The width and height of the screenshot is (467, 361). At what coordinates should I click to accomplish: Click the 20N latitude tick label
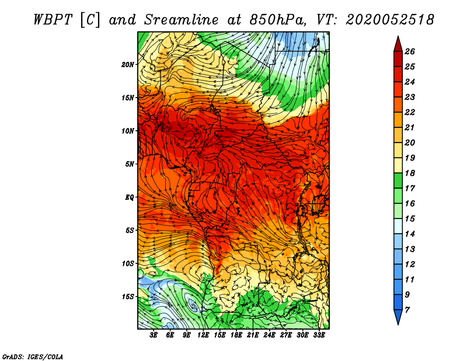pyautogui.click(x=128, y=64)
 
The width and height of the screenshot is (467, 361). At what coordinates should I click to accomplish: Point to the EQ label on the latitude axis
pyautogui.click(x=129, y=197)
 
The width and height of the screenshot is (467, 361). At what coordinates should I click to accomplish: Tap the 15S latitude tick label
pyautogui.click(x=128, y=297)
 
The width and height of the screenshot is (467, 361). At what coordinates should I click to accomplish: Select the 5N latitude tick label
pyautogui.click(x=130, y=164)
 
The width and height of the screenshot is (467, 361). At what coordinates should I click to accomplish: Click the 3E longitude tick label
pyautogui.click(x=154, y=335)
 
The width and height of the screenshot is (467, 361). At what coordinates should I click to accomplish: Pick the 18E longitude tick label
pyautogui.click(x=236, y=335)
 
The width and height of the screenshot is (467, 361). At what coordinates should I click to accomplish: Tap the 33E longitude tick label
pyautogui.click(x=319, y=335)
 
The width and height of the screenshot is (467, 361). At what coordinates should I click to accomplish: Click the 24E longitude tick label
pyautogui.click(x=269, y=335)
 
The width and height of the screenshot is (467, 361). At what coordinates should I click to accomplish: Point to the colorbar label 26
pyautogui.click(x=410, y=51)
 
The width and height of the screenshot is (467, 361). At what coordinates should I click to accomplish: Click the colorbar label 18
pyautogui.click(x=410, y=173)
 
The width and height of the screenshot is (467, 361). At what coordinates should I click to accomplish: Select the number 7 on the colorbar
pyautogui.click(x=407, y=310)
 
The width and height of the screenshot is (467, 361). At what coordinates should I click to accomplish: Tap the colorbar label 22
pyautogui.click(x=410, y=112)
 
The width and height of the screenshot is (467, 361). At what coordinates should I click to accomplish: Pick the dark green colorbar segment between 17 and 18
pyautogui.click(x=398, y=180)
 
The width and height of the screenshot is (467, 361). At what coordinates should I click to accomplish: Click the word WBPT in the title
pyautogui.click(x=53, y=20)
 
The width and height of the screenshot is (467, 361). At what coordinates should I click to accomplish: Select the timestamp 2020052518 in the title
pyautogui.click(x=390, y=20)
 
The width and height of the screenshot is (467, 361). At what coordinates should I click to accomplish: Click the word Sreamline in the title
pyautogui.click(x=181, y=20)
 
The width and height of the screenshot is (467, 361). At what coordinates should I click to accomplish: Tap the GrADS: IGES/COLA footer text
pyautogui.click(x=33, y=356)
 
